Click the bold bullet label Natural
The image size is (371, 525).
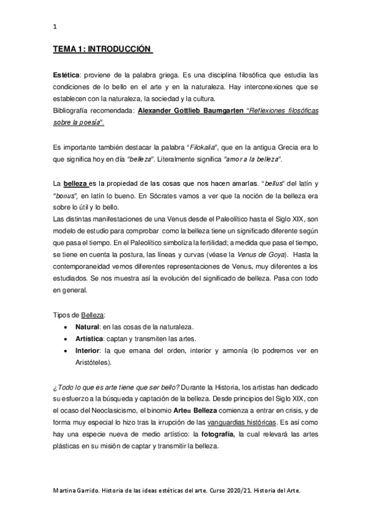(x=87, y=326)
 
